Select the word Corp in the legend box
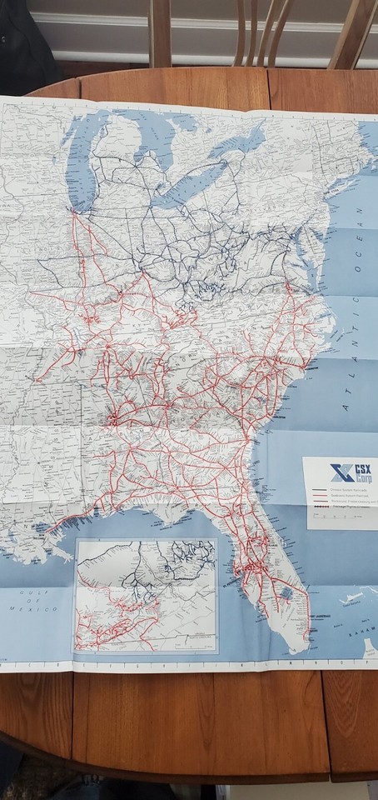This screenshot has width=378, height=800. pos(363,478)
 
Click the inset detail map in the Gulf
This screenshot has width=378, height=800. pos(146,595)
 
